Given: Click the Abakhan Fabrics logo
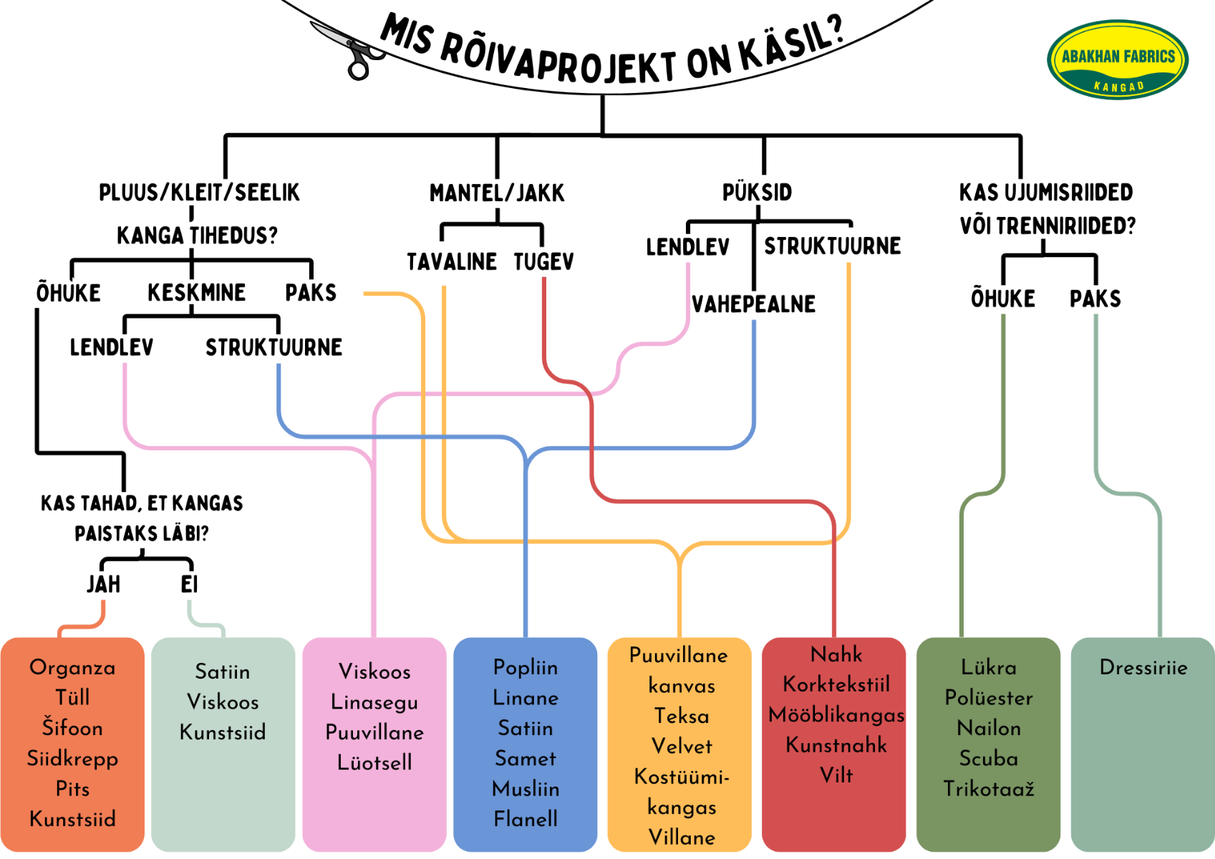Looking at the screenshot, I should point(1117,59).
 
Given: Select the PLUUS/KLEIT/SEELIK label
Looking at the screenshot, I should point(199,193).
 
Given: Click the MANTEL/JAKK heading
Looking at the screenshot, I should point(497,193).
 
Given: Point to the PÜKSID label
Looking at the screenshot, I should point(757,193).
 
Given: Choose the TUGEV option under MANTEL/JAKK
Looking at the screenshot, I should point(543,262).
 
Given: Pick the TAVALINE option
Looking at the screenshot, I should point(452,262).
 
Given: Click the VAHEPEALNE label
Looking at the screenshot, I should point(753,304).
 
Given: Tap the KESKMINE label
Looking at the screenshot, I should point(196,293).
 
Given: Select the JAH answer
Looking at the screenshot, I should point(104,584).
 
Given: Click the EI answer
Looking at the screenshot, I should point(189,584).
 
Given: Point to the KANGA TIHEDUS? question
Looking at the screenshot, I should point(197,236).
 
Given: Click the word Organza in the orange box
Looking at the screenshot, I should point(72,668).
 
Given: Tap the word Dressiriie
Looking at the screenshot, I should point(1143,668).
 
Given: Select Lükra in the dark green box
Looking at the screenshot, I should point(988,668).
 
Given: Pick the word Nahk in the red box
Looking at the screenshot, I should point(836,654).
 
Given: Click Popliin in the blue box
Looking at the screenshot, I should point(526,668).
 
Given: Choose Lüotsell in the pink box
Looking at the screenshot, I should point(374,762).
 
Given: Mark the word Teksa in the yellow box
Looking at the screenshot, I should point(682,716).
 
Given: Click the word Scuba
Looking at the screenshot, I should point(988,759).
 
